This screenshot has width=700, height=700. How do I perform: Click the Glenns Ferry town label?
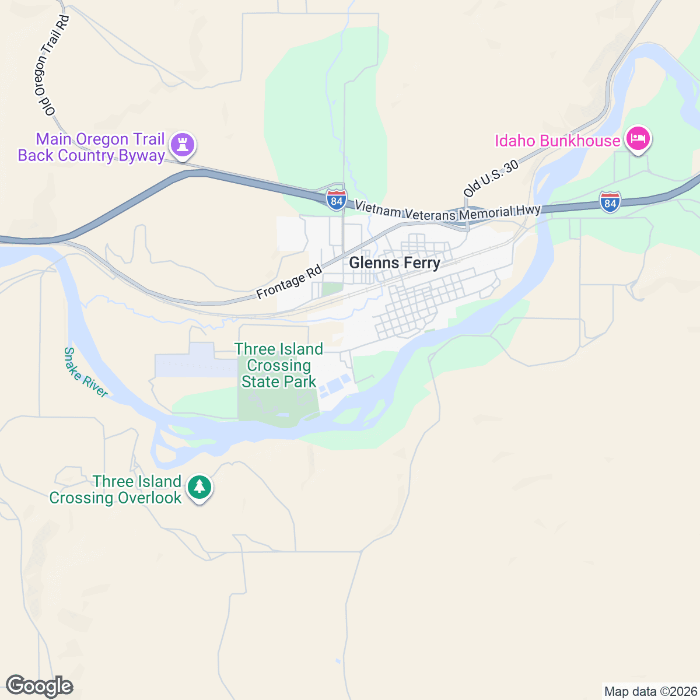click(x=394, y=263)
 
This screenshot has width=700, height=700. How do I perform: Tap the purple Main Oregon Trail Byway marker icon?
click(x=183, y=145)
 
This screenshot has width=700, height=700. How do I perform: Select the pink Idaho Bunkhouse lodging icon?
click(x=638, y=139)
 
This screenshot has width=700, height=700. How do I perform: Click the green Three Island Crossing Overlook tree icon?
click(x=199, y=487)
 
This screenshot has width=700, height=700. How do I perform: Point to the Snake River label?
click(x=85, y=373)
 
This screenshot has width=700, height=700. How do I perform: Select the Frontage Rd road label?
click(x=289, y=282)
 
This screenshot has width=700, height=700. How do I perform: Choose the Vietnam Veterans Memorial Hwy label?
click(x=447, y=211)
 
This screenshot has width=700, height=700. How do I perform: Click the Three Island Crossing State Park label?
click(x=279, y=366)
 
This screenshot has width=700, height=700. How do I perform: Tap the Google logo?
click(x=39, y=687)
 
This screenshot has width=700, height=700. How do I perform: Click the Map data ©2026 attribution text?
click(x=650, y=692)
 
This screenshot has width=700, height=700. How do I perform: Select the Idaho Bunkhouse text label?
click(x=557, y=141)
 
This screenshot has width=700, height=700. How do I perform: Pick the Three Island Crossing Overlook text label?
click(x=116, y=489)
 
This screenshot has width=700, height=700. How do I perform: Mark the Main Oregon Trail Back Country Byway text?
click(x=92, y=147)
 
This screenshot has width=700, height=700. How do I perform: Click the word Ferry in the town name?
click(x=417, y=263)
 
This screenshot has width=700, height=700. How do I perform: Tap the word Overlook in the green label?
click(x=149, y=498)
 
